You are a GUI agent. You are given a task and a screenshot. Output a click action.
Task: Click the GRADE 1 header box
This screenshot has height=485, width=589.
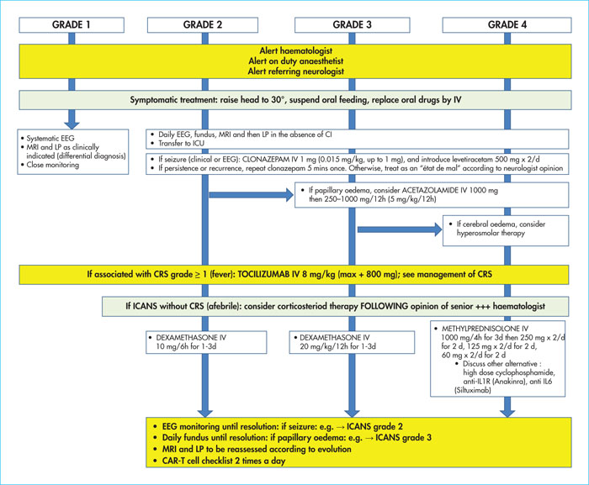point(72,24)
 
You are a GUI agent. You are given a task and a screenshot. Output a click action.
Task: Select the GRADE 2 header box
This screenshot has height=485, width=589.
point(203,24)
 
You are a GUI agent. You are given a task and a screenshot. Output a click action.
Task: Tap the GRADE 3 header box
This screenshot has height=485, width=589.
point(352,24)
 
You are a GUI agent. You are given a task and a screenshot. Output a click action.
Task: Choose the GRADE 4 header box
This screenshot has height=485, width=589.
point(507,24)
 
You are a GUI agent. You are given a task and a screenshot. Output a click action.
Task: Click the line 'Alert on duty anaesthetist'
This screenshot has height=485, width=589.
point(295,61)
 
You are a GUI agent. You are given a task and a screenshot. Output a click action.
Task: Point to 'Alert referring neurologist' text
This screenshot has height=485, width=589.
point(295,71)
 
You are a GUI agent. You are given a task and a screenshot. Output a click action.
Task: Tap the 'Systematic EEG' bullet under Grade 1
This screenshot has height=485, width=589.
point(48,138)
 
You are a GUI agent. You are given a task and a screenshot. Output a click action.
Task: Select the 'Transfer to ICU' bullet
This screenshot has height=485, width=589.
point(178,144)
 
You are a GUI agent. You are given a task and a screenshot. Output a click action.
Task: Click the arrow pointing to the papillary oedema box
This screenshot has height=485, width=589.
point(252,195)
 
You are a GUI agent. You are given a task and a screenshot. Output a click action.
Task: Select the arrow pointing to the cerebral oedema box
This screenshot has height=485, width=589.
point(400,229)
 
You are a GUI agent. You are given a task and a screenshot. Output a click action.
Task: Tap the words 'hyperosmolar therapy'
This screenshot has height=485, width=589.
point(491,233)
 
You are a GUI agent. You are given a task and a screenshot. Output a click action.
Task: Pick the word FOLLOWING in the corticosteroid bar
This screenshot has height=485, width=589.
point(384,306)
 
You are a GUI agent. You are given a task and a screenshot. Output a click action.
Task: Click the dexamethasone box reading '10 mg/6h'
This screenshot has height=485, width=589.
point(206,342)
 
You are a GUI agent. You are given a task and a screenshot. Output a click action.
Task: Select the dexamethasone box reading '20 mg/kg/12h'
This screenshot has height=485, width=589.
point(352,342)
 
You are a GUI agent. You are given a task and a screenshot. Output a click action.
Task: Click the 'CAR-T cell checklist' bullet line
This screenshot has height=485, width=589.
point(220,461)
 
